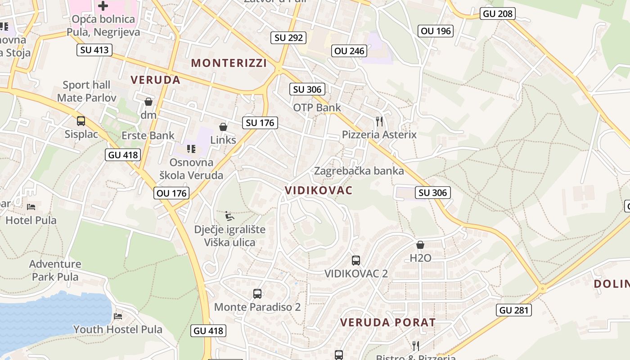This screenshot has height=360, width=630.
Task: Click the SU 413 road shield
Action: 94,49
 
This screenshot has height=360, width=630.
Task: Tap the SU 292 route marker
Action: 289,37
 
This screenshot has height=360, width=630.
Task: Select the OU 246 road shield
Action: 349,51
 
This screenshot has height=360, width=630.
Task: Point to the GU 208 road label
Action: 498,13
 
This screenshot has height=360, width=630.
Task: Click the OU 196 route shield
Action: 436,31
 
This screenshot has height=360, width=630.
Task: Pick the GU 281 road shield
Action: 515,310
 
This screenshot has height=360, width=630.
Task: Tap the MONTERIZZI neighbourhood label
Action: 229,63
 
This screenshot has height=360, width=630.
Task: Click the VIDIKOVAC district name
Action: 319,190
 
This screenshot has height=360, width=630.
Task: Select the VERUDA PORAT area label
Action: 388,322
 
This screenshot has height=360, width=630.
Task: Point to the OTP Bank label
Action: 317,108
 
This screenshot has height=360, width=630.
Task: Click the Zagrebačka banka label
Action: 359,171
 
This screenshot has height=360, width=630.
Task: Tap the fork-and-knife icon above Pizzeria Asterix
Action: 379,121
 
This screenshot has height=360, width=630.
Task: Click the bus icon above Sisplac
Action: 81,121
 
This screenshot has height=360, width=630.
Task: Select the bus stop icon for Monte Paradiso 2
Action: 257,294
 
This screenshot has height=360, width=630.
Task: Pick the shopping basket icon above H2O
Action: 420,245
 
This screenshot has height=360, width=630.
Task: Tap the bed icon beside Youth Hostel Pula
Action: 118,316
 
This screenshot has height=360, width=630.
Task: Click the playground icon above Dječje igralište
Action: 229,216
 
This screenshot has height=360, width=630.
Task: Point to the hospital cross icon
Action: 103,6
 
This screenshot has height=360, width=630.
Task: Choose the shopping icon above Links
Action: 223,127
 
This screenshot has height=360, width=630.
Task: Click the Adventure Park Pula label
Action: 55,270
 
